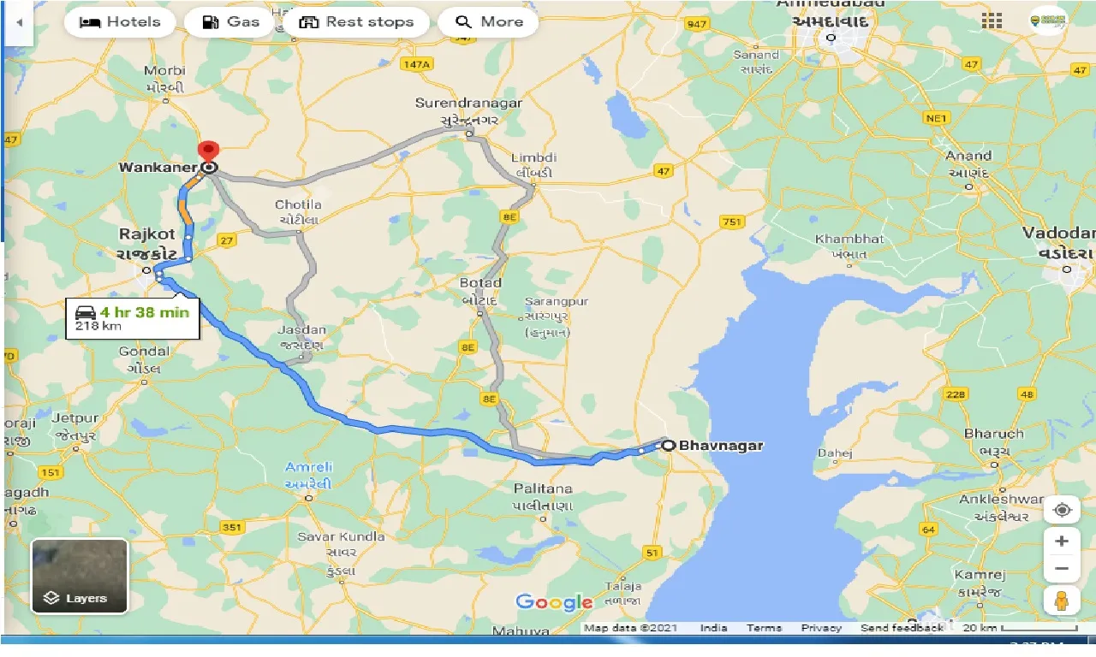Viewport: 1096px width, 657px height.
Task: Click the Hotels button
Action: (119, 22)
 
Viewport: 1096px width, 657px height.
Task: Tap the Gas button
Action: (231, 22)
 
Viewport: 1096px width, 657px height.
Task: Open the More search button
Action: (488, 22)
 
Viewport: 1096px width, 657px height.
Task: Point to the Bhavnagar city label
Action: (720, 445)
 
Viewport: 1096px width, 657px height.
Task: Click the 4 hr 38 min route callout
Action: (132, 317)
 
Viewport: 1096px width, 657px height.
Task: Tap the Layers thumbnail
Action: (80, 576)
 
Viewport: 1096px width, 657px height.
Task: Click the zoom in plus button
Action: (1062, 542)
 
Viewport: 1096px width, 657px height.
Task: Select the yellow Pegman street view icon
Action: (1062, 601)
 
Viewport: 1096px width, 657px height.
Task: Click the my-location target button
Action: (1062, 510)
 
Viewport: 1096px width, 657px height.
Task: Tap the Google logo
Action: (554, 602)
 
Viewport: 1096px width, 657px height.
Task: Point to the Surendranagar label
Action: (468, 103)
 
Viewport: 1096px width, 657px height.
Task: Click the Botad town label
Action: (481, 283)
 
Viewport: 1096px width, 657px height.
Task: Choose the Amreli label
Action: (309, 467)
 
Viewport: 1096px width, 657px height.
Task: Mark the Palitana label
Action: (543, 488)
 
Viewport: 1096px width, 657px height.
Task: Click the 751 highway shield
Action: (731, 222)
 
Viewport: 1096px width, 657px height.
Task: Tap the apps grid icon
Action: (992, 21)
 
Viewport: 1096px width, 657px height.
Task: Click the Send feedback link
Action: (902, 628)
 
